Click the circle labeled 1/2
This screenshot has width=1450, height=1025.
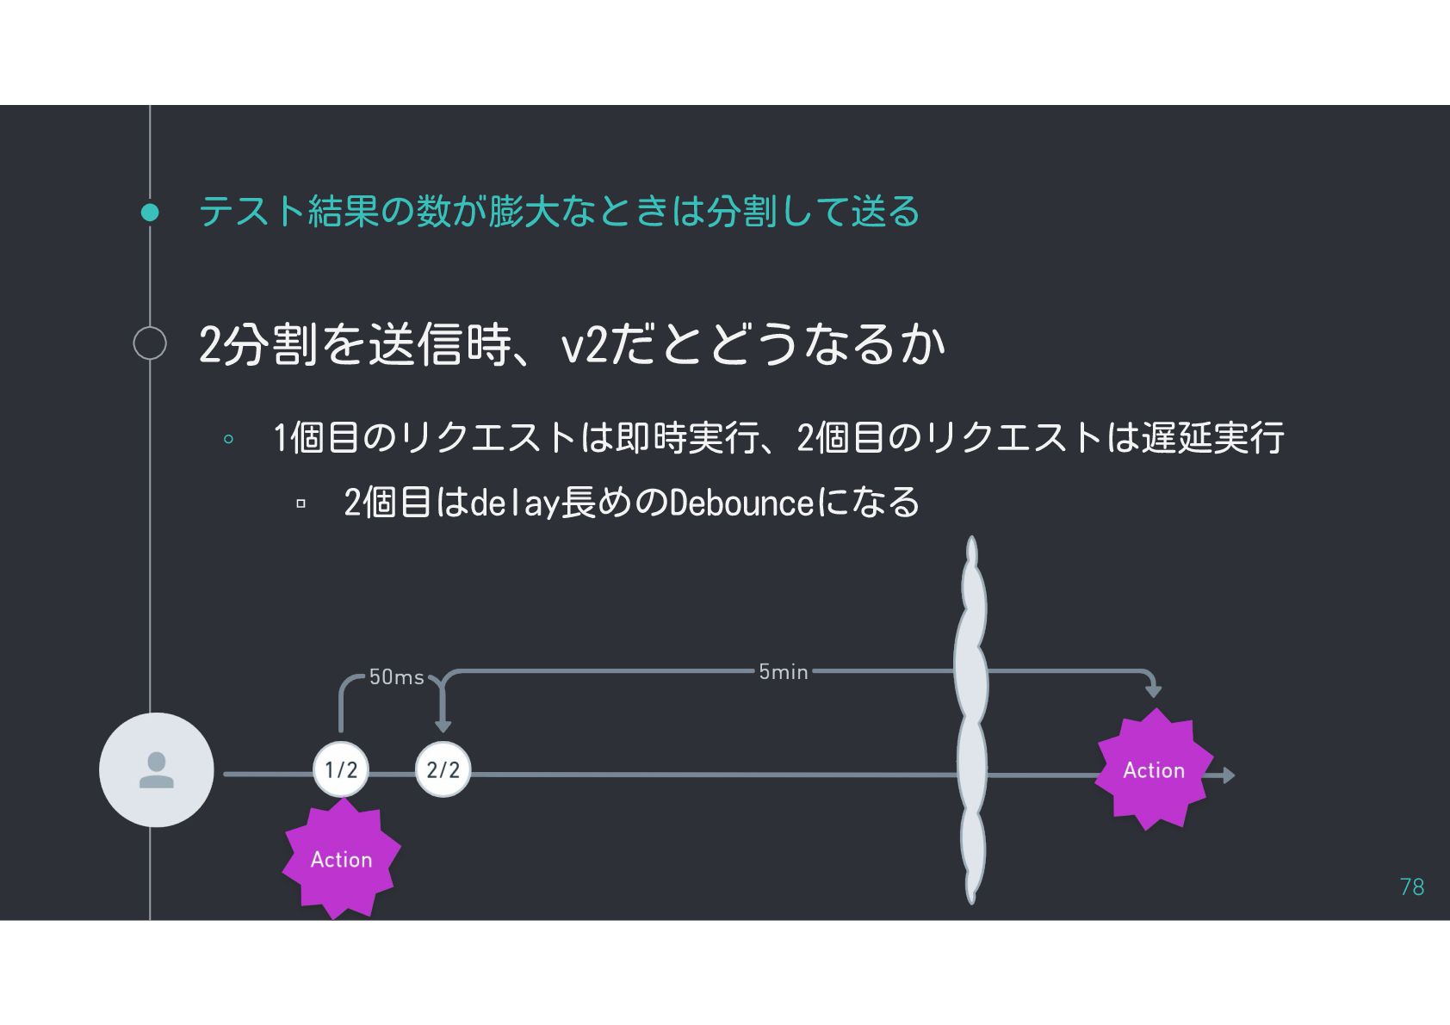click(x=341, y=769)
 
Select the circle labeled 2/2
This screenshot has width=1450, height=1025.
click(x=443, y=769)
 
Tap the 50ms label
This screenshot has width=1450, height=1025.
click(x=396, y=677)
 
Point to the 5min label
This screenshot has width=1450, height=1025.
click(x=783, y=671)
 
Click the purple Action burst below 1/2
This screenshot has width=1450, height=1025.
click(x=342, y=859)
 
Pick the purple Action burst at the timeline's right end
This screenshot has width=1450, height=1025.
click(x=1154, y=769)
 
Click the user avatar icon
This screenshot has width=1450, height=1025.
click(x=157, y=770)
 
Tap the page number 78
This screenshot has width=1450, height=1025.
click(x=1412, y=886)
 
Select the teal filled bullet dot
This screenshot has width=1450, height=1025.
click(x=150, y=212)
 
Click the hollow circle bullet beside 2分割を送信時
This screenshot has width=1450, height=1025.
click(x=150, y=343)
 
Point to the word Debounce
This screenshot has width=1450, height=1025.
click(x=740, y=503)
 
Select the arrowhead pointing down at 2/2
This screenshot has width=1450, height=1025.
click(x=443, y=726)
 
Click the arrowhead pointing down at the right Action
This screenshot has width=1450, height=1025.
click(x=1154, y=691)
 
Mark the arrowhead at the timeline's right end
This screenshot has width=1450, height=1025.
click(x=1229, y=775)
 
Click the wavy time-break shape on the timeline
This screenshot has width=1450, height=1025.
click(x=971, y=719)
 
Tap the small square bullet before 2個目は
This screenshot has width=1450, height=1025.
click(x=301, y=503)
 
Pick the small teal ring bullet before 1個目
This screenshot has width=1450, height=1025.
click(x=228, y=439)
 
